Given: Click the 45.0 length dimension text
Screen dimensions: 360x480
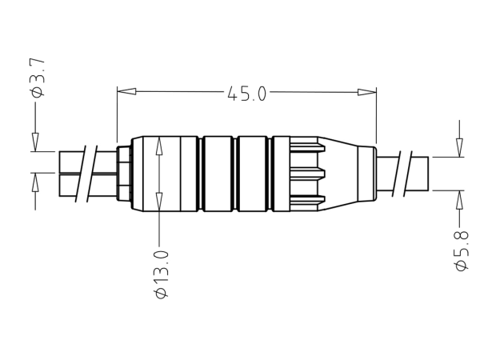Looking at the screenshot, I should pos(246,94).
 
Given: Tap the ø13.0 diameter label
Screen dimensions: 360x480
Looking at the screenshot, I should pos(162,274).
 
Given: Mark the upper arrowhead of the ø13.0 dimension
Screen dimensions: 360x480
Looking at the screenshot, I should pos(159,144).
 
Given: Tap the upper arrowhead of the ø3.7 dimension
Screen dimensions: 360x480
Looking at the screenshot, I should pos(35,142).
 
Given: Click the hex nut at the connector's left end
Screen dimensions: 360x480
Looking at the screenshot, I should pos(124,173).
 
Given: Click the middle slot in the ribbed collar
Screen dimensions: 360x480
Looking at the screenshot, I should pos(306,173).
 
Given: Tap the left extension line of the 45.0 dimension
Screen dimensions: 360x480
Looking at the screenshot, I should pos(118,112).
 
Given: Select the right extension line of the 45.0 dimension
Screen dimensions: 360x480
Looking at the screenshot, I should pos(376,112).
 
